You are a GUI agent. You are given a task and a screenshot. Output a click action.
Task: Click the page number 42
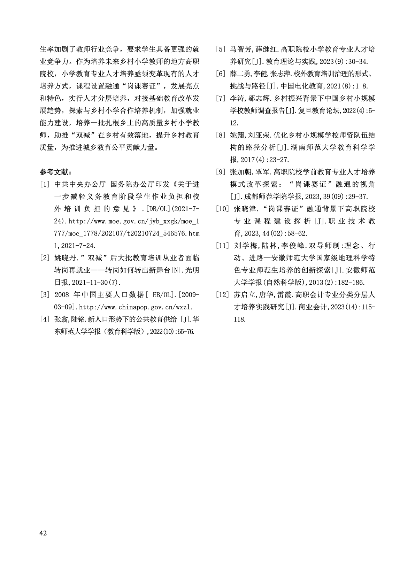click(43, 533)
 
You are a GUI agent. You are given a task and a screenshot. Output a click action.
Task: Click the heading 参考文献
click(56, 172)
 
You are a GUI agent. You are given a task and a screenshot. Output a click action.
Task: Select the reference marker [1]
click(45, 185)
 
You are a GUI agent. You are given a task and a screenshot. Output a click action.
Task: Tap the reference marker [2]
click(45, 258)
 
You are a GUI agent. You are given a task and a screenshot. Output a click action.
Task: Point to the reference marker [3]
click(45, 295)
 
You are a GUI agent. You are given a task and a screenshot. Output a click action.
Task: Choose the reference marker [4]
click(45, 319)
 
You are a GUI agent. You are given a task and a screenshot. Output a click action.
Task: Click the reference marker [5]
click(221, 49)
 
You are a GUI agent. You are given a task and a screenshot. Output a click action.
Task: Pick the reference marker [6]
click(221, 74)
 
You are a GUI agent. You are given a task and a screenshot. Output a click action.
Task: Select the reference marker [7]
click(221, 99)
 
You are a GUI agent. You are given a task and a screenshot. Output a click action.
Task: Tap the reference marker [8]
click(221, 135)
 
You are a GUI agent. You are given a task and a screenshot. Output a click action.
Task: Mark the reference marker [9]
click(221, 172)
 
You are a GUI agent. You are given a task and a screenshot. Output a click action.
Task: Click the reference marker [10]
click(223, 209)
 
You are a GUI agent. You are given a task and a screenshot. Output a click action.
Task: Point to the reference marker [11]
click(223, 246)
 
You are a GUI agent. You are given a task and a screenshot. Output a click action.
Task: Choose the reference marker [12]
click(223, 295)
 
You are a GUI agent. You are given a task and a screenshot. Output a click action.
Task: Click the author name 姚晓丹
click(65, 258)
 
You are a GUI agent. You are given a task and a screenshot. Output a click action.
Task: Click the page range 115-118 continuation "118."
click(240, 319)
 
